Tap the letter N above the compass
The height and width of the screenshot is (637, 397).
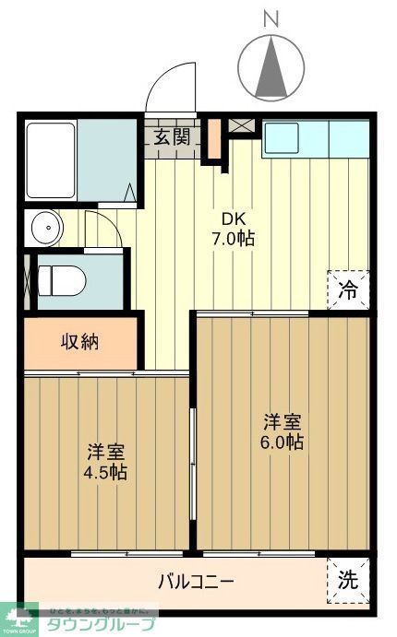[x=271, y=18]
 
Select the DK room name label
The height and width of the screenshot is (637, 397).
[x=232, y=218]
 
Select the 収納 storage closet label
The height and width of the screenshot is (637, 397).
[x=80, y=342]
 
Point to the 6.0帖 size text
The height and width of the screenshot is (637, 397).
[x=283, y=442]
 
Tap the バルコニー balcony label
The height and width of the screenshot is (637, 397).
[x=195, y=582]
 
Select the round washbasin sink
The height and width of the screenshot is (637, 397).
[x=43, y=227]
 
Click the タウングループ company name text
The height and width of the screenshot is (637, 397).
[x=102, y=623]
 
